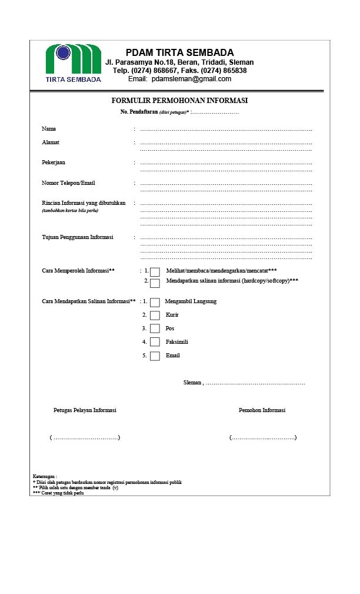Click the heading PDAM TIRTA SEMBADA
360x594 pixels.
pyautogui.click(x=179, y=52)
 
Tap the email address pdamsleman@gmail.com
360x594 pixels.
pyautogui.click(x=191, y=79)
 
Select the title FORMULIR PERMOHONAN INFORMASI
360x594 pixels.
pyautogui.click(x=179, y=101)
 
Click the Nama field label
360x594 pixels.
pyautogui.click(x=49, y=129)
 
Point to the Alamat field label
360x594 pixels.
pyautogui.click(x=51, y=142)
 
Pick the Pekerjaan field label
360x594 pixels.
pyautogui.click(x=54, y=162)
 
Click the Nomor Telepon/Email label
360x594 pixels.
pyautogui.click(x=68, y=183)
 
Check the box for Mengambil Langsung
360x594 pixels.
pyautogui.click(x=155, y=302)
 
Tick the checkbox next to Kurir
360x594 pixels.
pyautogui.click(x=155, y=316)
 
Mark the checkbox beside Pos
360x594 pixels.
pyautogui.click(x=155, y=329)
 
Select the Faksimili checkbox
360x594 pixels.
pyautogui.click(x=155, y=342)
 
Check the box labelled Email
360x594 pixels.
pyautogui.click(x=155, y=356)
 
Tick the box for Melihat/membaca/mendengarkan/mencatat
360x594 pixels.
pyautogui.click(x=155, y=272)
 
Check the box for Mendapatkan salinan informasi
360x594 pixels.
pyautogui.click(x=155, y=283)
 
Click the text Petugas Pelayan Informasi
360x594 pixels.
pyautogui.click(x=85, y=410)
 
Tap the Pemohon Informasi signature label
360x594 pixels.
pyautogui.click(x=262, y=410)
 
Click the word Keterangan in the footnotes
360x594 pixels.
pyautogui.click(x=44, y=476)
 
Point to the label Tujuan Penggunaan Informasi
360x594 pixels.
pyautogui.click(x=78, y=237)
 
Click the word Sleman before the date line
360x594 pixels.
pyautogui.click(x=192, y=383)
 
